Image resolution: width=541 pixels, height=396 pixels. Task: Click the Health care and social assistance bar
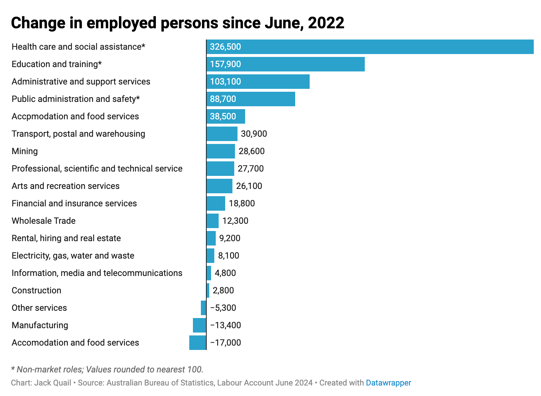[370, 47]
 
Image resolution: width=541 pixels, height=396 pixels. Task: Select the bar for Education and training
[286, 64]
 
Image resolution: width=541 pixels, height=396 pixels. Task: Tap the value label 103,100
[226, 82]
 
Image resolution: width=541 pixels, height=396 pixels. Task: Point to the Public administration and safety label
[76, 99]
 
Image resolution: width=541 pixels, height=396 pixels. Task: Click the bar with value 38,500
[226, 116]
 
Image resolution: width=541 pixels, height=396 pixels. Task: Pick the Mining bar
[221, 151]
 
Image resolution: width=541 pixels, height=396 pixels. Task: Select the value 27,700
[251, 169]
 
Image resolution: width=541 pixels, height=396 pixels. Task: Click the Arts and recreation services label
[66, 186]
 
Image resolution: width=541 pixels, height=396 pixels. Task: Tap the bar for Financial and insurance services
[216, 203]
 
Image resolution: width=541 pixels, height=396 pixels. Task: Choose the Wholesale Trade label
[44, 221]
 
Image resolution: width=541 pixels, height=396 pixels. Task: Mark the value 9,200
[230, 238]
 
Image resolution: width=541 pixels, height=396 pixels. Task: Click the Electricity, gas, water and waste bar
[211, 256]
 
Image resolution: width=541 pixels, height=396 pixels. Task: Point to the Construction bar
[208, 290]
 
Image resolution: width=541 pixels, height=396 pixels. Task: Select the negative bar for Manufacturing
[199, 325]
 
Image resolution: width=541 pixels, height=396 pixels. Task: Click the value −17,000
[226, 343]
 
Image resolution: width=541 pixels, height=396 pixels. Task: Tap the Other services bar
[203, 308]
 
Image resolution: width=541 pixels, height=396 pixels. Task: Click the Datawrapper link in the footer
[388, 383]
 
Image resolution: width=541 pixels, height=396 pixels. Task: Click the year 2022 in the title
[326, 23]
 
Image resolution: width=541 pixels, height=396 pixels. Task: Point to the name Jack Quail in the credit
[53, 383]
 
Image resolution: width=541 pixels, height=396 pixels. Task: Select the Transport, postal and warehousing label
[78, 134]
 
